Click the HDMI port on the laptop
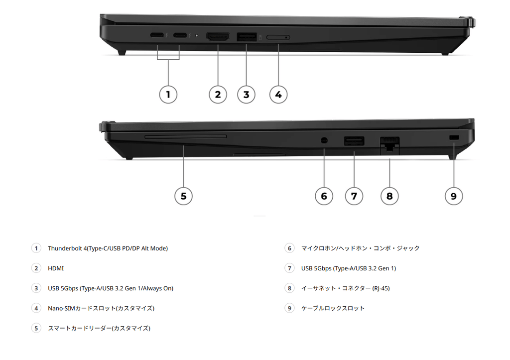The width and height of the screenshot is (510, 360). [218, 37]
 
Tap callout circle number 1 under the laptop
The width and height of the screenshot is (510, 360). [168, 95]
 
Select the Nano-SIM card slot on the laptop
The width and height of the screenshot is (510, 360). [278, 37]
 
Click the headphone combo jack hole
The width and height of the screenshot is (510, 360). [324, 140]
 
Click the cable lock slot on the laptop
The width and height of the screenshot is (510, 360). [454, 137]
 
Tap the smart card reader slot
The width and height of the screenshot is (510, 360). [186, 136]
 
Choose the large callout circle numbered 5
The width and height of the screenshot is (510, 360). [183, 196]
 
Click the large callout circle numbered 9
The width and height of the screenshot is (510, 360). [454, 196]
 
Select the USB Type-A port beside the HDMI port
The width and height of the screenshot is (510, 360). [247, 37]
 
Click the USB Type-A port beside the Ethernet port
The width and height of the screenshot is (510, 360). [354, 141]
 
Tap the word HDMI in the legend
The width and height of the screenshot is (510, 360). [56, 268]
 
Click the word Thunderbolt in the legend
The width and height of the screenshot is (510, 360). [65, 248]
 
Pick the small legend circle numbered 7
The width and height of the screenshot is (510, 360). [289, 268]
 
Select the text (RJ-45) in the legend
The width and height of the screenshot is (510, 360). [381, 288]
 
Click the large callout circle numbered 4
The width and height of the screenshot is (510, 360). [278, 95]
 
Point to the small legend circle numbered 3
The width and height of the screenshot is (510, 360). [36, 288]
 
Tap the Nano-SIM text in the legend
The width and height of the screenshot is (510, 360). [61, 308]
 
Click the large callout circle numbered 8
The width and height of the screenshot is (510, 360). [389, 196]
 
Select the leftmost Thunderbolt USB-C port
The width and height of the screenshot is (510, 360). [157, 35]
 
